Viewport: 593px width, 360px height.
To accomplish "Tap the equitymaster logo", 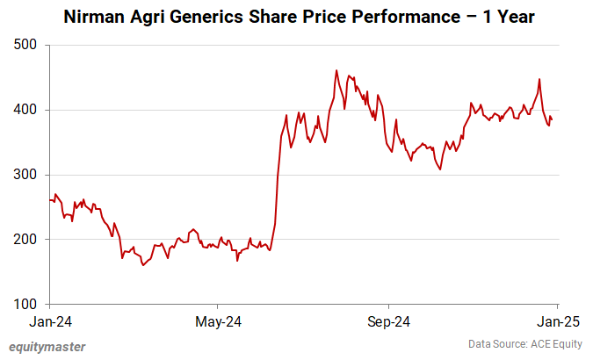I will tap(47, 346).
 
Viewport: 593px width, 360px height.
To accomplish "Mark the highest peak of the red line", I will tap(336, 71).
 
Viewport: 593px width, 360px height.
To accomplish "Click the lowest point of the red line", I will tap(143, 265).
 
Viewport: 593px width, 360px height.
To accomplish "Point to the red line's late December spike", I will tap(539, 80).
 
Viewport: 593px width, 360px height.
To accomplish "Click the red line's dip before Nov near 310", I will tap(439, 169).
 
